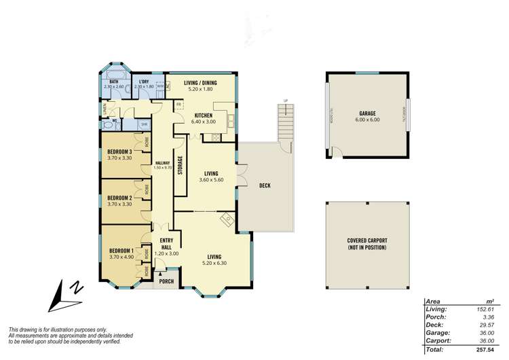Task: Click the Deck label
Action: (x=265, y=185)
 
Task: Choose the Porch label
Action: (x=166, y=281)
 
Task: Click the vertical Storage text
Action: (x=180, y=166)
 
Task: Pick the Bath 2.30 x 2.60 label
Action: (x=113, y=84)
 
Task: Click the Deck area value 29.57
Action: (x=483, y=324)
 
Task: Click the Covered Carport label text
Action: (x=366, y=244)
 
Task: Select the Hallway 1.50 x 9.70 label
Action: (x=162, y=165)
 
